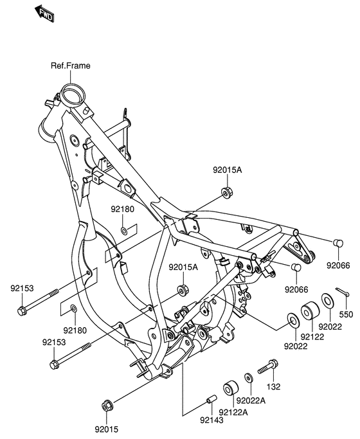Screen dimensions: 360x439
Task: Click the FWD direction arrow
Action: [x=44, y=13]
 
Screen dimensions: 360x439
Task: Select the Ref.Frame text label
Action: [x=71, y=66]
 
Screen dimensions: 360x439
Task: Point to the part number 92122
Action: [x=312, y=337]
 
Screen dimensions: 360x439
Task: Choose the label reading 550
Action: [x=346, y=315]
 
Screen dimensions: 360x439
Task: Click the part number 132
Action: [x=273, y=387]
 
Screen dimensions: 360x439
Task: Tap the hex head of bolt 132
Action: [x=273, y=364]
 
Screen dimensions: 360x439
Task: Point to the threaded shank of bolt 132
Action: [x=262, y=370]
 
